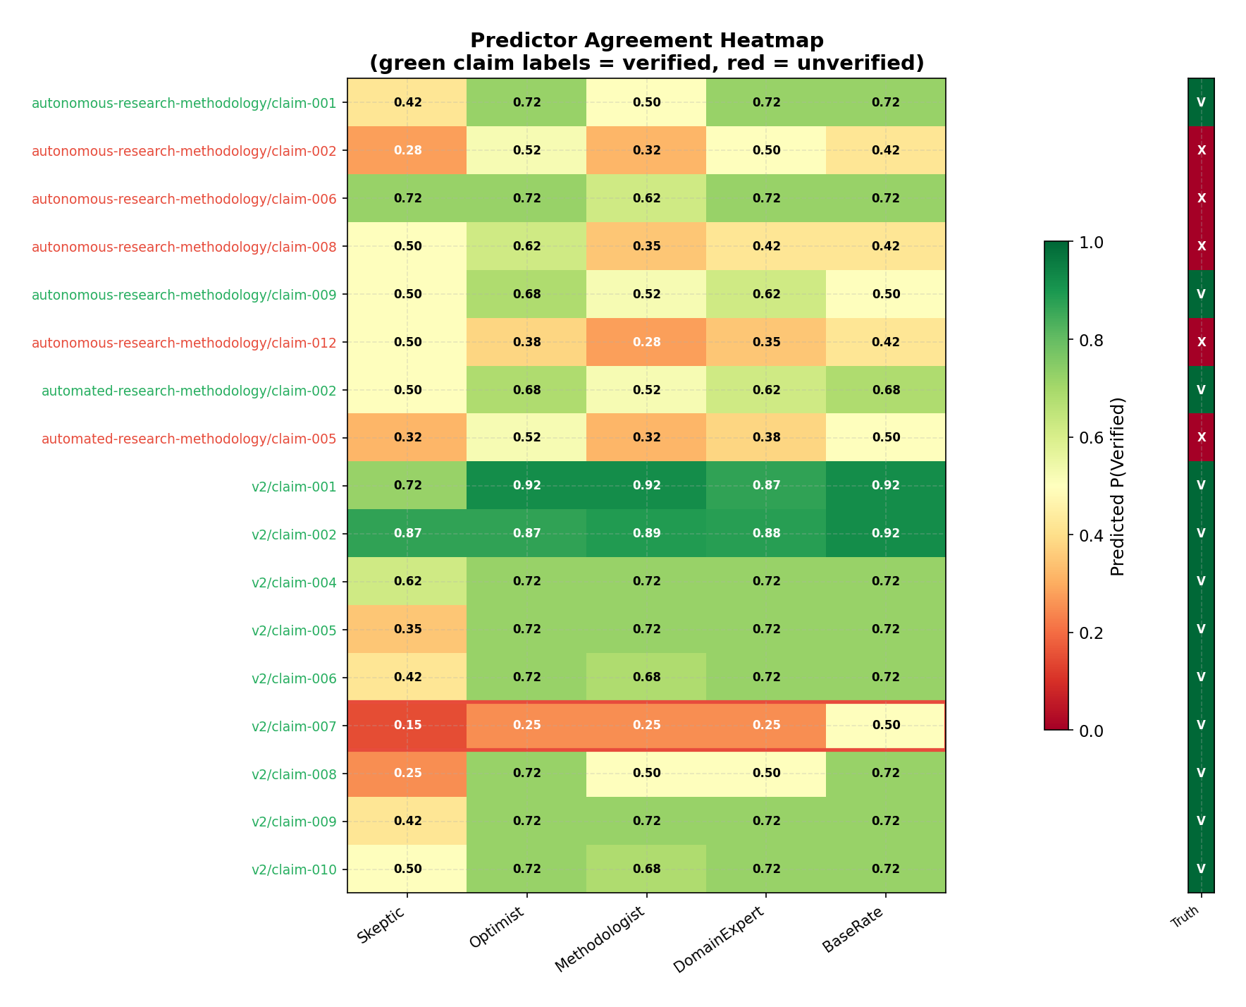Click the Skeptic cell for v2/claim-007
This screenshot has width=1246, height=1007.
click(x=407, y=725)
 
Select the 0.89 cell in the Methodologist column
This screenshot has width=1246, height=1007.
click(x=646, y=534)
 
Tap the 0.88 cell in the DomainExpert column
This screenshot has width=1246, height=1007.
click(x=766, y=534)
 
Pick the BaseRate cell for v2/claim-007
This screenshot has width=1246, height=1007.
click(x=886, y=725)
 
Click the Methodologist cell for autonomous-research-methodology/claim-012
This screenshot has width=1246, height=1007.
click(x=646, y=342)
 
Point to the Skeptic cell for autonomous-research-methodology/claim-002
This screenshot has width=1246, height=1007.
click(x=407, y=150)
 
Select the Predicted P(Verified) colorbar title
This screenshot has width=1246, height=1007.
click(x=1118, y=487)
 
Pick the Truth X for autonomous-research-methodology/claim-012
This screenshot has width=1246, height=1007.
click(x=1201, y=342)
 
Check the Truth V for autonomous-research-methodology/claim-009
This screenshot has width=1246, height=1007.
click(x=1201, y=294)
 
